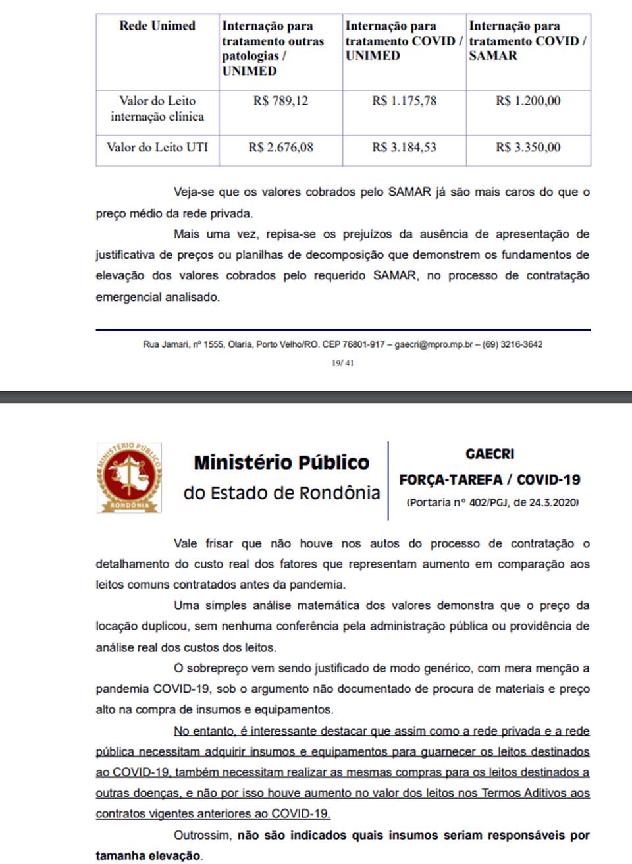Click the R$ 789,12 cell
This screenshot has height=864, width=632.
280,101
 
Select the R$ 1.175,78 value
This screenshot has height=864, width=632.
404,101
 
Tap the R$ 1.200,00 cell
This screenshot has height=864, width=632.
528,101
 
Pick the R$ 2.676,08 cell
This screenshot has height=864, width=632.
280,148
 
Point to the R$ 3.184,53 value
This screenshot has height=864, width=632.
404,148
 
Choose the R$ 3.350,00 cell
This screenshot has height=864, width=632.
528,148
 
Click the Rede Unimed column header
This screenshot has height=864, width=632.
157,26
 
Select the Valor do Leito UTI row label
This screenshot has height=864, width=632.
157,148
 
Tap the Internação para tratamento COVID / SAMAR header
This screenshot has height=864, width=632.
527,41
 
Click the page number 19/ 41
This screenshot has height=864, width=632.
342,363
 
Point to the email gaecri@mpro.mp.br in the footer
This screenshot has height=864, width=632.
433,344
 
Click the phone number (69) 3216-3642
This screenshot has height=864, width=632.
512,344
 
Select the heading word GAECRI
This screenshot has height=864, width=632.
490,454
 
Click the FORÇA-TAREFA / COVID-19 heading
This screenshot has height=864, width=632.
490,480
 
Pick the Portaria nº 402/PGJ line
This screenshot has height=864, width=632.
492,502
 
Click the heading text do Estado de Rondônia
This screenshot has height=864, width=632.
282,493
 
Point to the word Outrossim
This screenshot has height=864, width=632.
202,835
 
